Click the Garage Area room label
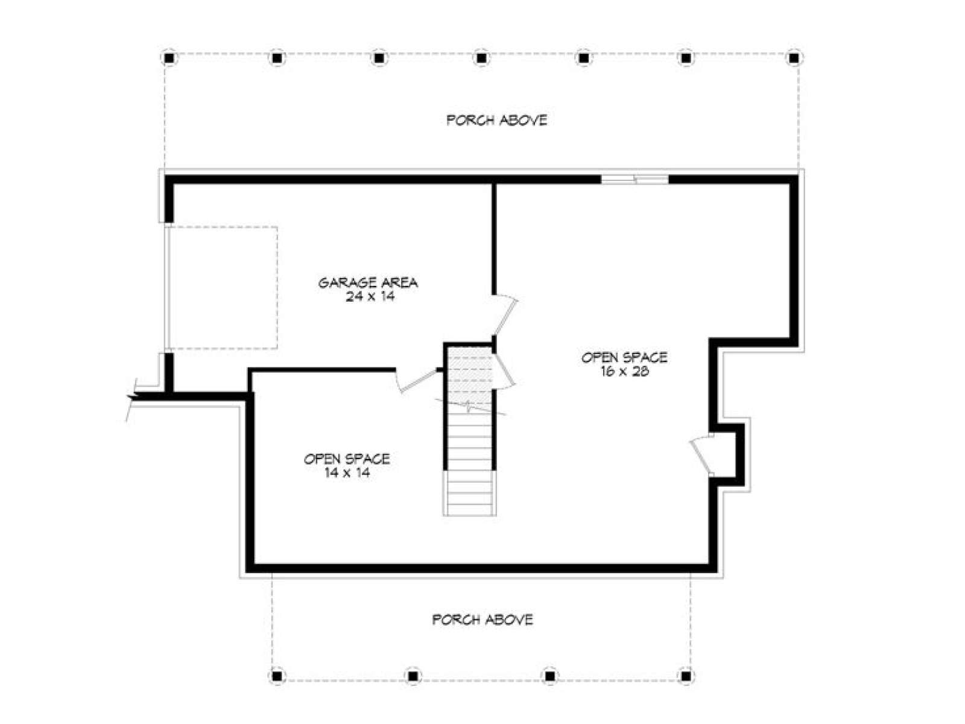368,282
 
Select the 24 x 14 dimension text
370,297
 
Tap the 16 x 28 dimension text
624,372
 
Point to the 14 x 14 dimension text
346,473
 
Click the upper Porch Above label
497,120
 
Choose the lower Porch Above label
482,620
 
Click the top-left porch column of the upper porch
169,57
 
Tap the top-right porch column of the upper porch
794,57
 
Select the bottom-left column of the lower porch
276,675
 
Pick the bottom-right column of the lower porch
686,675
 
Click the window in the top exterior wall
635,179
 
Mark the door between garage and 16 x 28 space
505,316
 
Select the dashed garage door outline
222,288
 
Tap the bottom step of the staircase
469,509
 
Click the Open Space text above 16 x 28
624,357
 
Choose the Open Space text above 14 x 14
347,459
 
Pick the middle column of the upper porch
481,57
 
